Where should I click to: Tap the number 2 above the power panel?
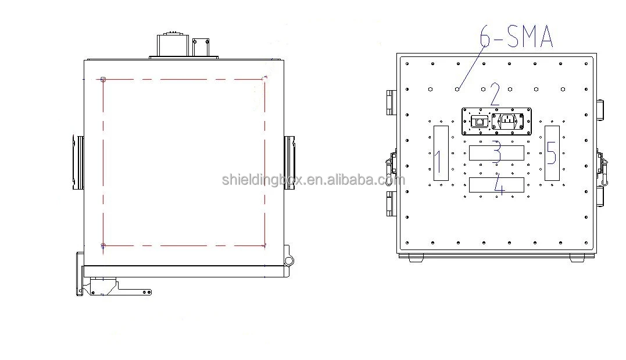(x=495, y=94)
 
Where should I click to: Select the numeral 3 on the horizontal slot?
(x=496, y=152)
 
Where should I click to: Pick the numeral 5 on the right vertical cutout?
(x=551, y=153)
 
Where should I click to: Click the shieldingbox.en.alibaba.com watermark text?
(x=313, y=180)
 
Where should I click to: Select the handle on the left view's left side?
(x=78, y=163)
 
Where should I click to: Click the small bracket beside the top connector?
(x=201, y=48)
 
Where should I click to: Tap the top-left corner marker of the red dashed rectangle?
(x=103, y=79)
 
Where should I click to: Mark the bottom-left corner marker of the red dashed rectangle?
(x=103, y=246)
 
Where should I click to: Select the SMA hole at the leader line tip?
(x=458, y=89)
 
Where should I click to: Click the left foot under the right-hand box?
(x=416, y=258)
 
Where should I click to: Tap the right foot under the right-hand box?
(x=577, y=258)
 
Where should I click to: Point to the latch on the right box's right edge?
(x=602, y=163)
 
